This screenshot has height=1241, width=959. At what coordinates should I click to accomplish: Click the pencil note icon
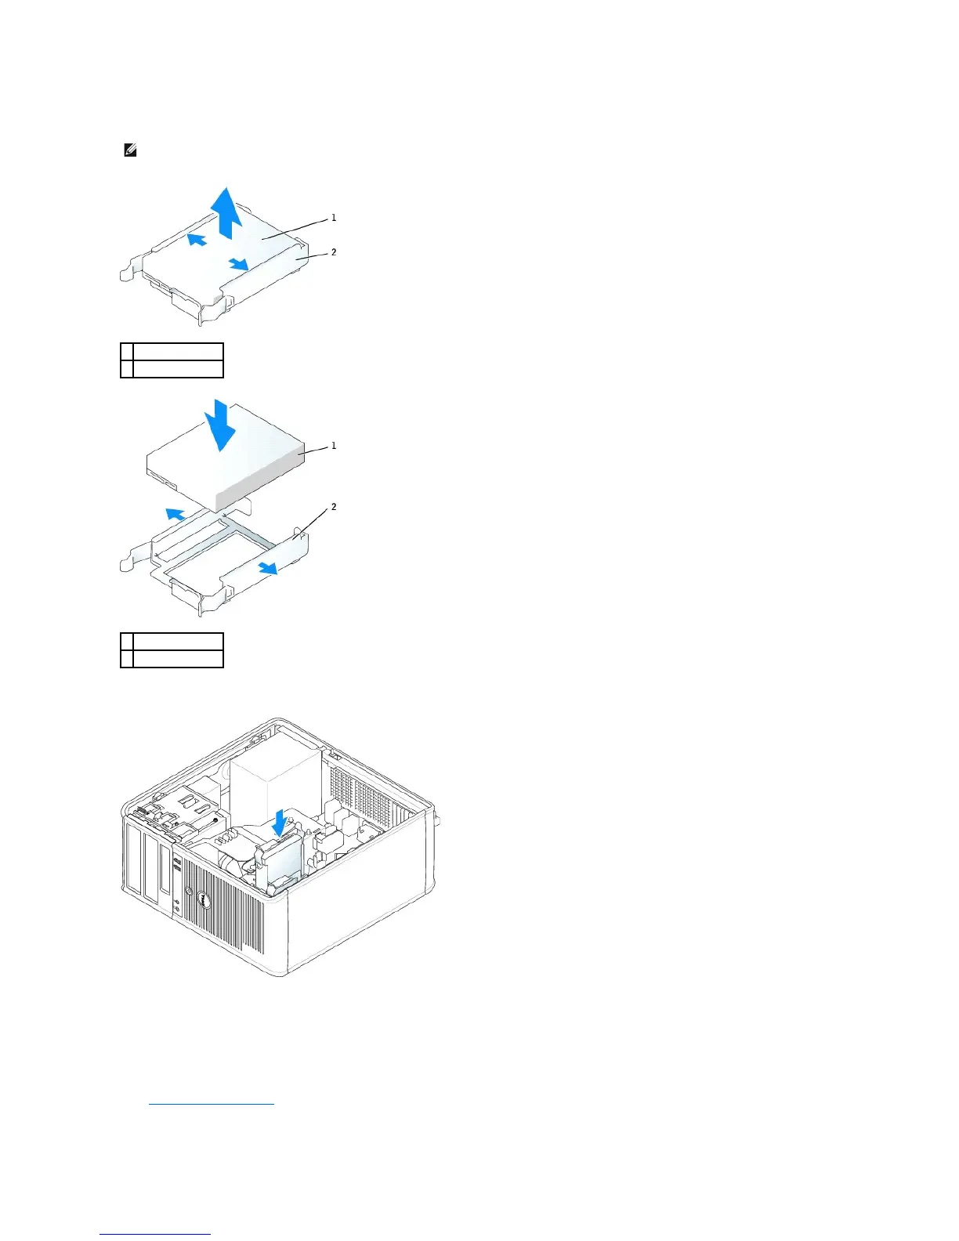click(131, 150)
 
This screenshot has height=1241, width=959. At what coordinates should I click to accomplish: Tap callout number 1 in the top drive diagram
click(334, 218)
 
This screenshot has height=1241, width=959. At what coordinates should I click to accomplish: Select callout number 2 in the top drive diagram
click(334, 252)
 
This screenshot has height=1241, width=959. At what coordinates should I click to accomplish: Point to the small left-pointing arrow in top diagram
click(197, 238)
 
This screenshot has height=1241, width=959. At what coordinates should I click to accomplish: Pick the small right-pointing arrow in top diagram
click(239, 265)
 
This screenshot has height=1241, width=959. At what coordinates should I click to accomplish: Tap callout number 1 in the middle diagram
click(334, 446)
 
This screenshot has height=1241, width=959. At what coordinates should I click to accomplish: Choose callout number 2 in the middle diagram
click(334, 508)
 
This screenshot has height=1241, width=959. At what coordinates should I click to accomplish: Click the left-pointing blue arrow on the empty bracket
click(176, 514)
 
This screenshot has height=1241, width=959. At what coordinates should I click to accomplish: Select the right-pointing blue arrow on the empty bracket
click(267, 567)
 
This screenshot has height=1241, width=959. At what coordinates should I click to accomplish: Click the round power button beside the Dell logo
click(188, 891)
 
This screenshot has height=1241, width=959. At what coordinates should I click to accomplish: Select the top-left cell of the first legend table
click(127, 351)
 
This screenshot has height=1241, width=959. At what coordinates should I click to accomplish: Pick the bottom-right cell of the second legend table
click(178, 659)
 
